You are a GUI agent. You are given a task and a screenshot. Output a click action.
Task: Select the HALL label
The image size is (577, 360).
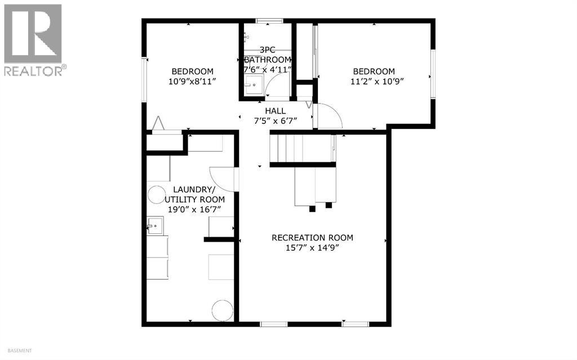coord(276,111)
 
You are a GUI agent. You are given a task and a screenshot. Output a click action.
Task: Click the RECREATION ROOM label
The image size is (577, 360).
coord(312,238)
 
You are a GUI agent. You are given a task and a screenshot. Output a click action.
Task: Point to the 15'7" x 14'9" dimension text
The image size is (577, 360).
coord(312,247)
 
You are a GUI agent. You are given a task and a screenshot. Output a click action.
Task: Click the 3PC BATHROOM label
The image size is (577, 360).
coord(267,55)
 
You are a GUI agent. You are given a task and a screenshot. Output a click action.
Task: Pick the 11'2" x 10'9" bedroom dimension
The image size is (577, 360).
coord(374,81)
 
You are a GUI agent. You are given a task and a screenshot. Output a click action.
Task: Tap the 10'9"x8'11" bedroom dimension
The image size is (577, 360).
coord(192,81)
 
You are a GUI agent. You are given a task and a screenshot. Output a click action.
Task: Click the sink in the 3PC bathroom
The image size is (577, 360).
coord(252,87)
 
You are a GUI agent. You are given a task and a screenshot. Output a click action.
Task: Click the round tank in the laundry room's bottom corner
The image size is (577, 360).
coord(222,310)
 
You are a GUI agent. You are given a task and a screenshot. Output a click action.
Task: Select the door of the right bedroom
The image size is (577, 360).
coord(329,116)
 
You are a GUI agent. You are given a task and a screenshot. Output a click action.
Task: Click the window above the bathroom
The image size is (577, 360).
coord(269,21)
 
